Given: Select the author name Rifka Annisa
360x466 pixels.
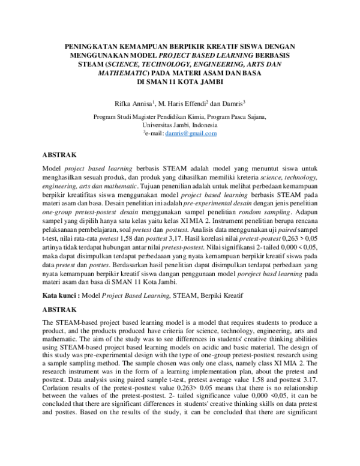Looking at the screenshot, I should pyautogui.click(x=137, y=103).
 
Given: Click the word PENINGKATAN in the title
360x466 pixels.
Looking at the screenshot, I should pyautogui.click(x=91, y=46).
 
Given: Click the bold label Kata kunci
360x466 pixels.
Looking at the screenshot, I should pyautogui.click(x=59, y=295).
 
